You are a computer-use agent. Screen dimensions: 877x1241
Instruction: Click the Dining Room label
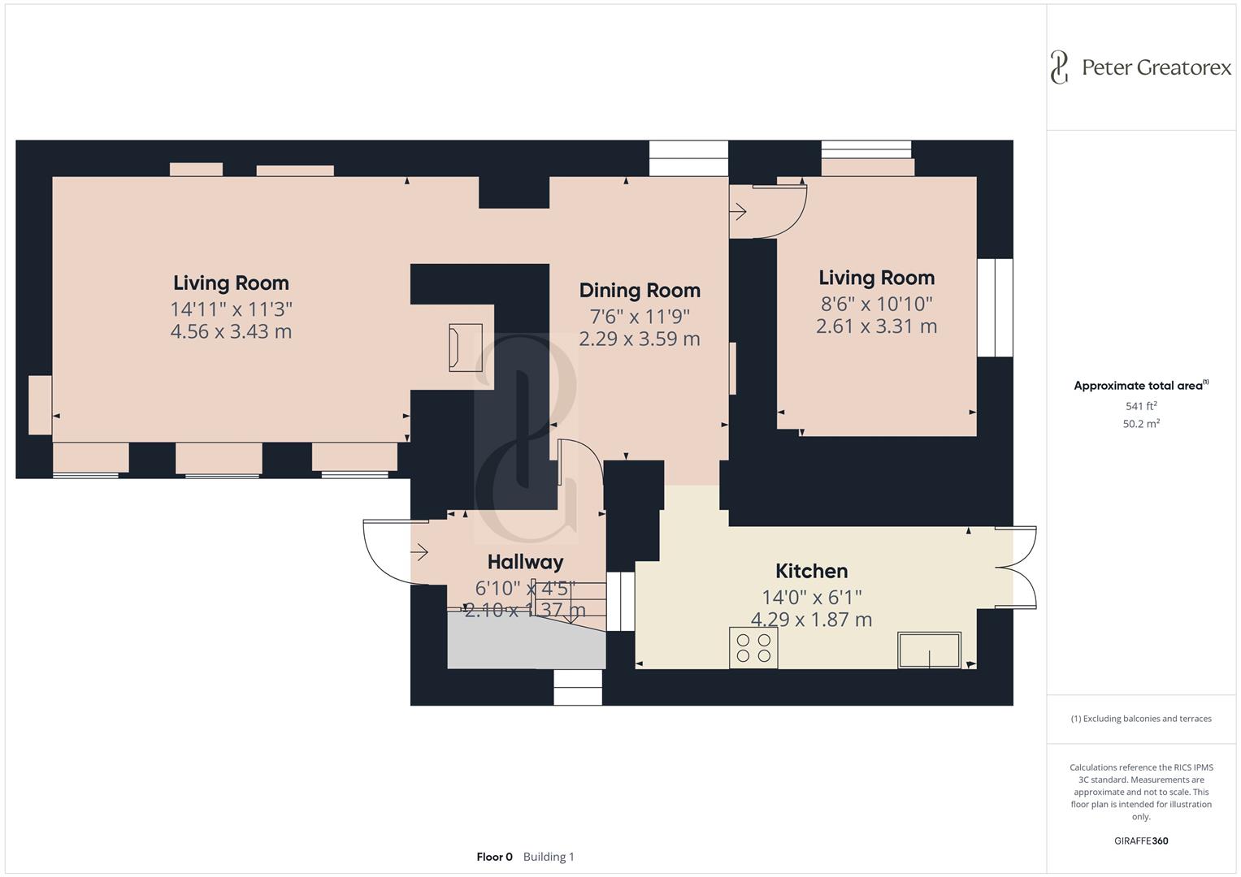640,291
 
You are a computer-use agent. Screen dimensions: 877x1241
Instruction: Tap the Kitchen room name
811,571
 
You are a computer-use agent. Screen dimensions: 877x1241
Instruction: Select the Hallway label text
525,562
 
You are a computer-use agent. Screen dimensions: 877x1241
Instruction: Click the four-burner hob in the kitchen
753,648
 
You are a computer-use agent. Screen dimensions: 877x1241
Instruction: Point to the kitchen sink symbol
929,650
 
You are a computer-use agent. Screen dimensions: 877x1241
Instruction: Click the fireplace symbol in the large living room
466,348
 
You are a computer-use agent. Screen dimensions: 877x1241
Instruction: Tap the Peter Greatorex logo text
1156,67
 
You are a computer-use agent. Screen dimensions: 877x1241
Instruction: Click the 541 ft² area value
1141,406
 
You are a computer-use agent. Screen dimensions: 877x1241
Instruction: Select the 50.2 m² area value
1141,423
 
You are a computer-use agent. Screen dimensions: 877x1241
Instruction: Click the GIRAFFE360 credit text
1141,840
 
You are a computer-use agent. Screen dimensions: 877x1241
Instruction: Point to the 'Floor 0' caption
494,857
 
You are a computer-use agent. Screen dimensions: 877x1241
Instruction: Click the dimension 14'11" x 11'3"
231,309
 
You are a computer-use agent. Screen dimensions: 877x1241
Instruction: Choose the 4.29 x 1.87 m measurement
811,620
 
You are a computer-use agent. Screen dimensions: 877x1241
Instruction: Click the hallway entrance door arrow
419,553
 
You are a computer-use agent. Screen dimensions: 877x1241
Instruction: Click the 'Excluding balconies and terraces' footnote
1141,719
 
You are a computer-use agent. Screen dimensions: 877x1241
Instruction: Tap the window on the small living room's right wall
995,308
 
